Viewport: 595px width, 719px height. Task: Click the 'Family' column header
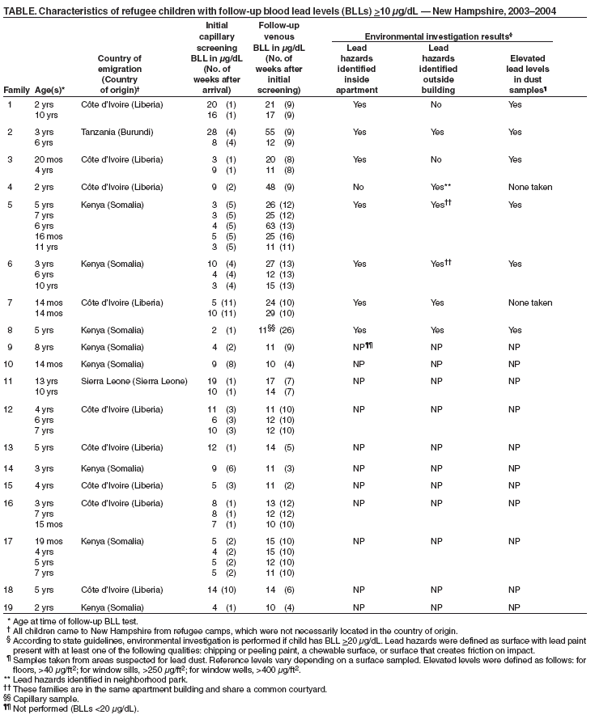click(16, 90)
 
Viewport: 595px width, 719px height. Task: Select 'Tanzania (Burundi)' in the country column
click(118, 130)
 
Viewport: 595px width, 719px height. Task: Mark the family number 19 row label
click(11, 606)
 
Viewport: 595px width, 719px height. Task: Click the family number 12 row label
click(11, 409)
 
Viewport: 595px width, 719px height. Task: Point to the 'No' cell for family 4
click(359, 187)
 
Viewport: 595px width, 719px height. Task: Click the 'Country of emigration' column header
click(119, 69)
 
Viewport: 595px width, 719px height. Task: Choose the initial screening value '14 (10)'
click(219, 588)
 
